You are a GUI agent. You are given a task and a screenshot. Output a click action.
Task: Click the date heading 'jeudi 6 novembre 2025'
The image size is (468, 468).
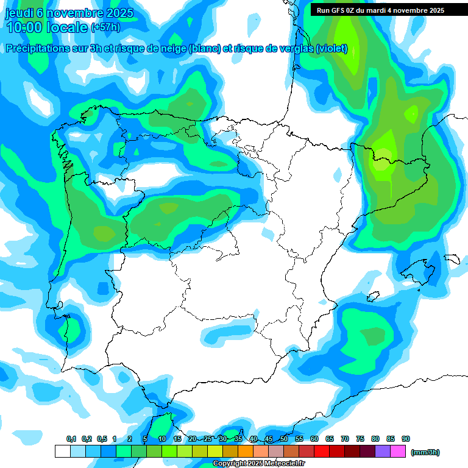69,13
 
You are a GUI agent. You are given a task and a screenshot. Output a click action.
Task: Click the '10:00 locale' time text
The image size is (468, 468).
46,27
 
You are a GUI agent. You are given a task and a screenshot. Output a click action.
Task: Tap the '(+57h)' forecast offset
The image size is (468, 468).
105,27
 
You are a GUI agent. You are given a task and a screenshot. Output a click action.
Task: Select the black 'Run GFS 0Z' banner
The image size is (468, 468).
380,10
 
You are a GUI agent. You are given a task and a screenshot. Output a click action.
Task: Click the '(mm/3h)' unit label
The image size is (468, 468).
425,452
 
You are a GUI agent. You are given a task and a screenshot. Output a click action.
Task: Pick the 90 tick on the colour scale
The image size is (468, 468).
406,439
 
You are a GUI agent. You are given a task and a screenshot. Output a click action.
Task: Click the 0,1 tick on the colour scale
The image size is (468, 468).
71,439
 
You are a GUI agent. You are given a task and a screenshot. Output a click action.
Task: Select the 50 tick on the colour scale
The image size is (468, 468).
284,439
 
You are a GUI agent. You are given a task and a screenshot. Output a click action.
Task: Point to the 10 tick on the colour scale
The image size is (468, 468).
162,439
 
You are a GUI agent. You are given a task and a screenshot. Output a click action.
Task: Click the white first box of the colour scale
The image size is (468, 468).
62,452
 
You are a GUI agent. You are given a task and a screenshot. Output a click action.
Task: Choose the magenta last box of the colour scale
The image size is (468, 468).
398,452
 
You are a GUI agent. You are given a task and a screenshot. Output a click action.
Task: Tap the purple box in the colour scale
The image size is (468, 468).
383,452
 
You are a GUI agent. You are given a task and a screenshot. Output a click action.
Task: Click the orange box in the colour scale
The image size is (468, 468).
246,452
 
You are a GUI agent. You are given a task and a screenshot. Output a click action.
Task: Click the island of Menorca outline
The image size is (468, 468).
452,259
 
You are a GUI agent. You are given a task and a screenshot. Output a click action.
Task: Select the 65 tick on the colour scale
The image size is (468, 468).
330,439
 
